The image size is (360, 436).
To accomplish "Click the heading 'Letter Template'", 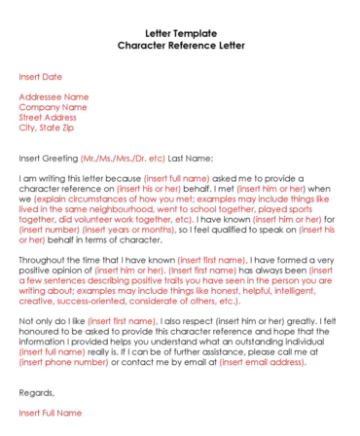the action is pyautogui.click(x=181, y=33).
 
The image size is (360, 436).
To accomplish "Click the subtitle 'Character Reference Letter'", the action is pyautogui.click(x=181, y=46).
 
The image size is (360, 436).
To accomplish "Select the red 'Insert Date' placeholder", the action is pyautogui.click(x=40, y=76).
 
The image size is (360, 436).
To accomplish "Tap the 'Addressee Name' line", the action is pyautogui.click(x=54, y=97).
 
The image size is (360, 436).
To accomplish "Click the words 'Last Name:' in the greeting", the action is pyautogui.click(x=191, y=158).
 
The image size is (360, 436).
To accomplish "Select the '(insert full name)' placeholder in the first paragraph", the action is pyautogui.click(x=176, y=179).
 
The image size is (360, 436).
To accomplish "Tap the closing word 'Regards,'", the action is pyautogui.click(x=37, y=392).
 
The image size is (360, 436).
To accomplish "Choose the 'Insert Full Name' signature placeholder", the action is pyautogui.click(x=51, y=414).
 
